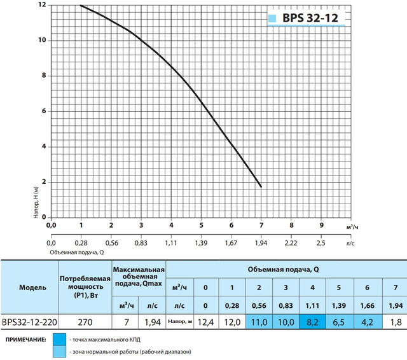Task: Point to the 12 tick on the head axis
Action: point(41,5)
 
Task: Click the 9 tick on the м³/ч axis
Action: point(321,225)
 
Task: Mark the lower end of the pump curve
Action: point(261,186)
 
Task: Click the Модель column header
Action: point(29,287)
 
